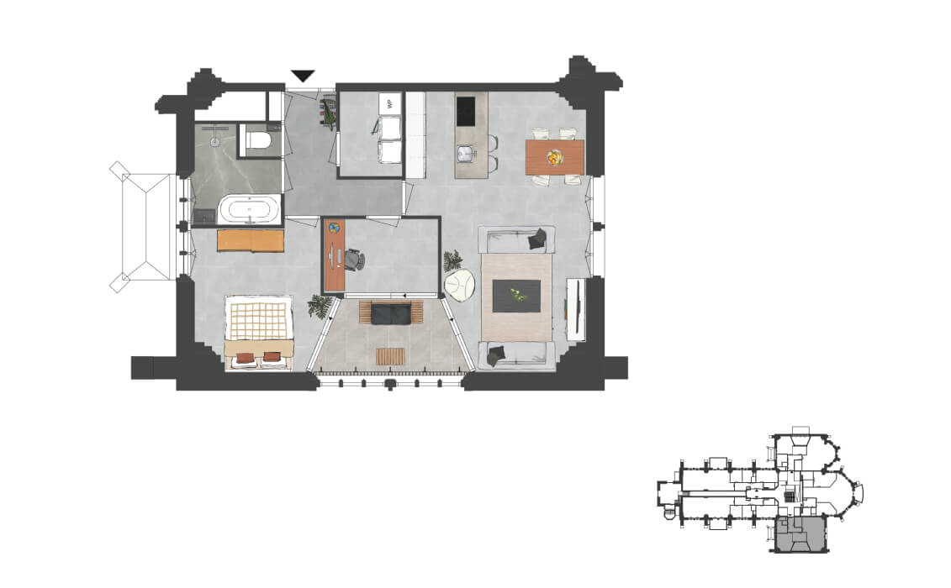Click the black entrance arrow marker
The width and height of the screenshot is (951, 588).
pyautogui.click(x=303, y=76)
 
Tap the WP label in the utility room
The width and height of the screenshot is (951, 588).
pyautogui.click(x=390, y=102)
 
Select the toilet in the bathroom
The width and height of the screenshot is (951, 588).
pyautogui.click(x=256, y=140)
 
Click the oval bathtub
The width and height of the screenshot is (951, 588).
pyautogui.click(x=250, y=210)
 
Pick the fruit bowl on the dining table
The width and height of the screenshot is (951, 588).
pyautogui.click(x=554, y=158)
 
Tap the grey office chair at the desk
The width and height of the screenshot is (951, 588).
pyautogui.click(x=354, y=260)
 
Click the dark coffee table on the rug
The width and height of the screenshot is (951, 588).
pyautogui.click(x=516, y=296)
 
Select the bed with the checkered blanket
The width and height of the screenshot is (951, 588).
pyautogui.click(x=259, y=333)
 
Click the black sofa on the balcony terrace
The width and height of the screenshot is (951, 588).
pyautogui.click(x=391, y=313)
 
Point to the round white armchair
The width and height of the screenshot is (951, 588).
pyautogui.click(x=460, y=286)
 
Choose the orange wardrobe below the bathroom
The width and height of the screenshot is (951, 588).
pyautogui.click(x=251, y=240)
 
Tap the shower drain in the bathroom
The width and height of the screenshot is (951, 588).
pyautogui.click(x=214, y=142)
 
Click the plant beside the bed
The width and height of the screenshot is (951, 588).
pyautogui.click(x=320, y=306)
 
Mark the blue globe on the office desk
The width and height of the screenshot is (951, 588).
pyautogui.click(x=335, y=228)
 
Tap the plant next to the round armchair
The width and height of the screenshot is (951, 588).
pyautogui.click(x=452, y=261)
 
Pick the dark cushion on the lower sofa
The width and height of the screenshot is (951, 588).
pyautogui.click(x=495, y=356)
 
